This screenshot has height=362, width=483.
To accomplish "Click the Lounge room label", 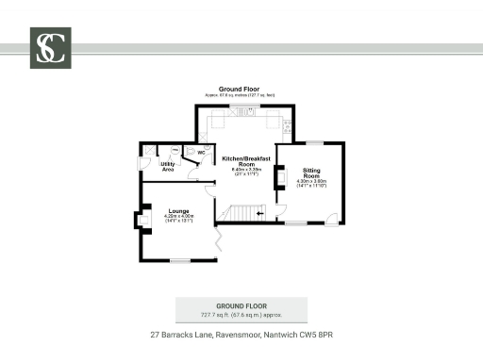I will (x=178, y=210).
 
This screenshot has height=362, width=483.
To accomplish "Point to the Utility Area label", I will (x=167, y=167).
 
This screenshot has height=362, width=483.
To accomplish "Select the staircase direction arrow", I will (x=260, y=214).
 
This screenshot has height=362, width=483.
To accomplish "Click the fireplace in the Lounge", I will (x=142, y=221).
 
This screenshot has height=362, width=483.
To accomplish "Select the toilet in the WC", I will (x=189, y=151).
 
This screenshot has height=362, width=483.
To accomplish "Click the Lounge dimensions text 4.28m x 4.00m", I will (x=178, y=218).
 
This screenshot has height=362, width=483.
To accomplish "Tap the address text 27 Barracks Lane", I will (x=241, y=334).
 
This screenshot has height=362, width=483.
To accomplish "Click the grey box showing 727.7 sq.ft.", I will (x=241, y=309).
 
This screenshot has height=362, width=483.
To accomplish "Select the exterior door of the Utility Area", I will (x=143, y=164).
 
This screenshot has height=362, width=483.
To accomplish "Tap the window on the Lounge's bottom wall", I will (x=179, y=260).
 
